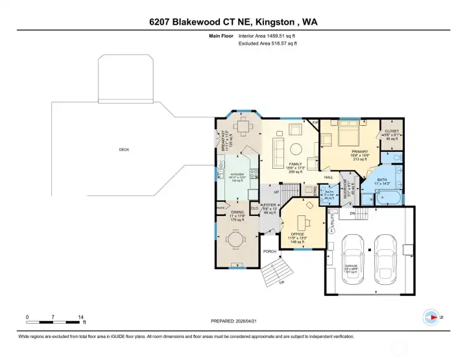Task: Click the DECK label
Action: [x=123, y=150]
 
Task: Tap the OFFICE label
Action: [x=298, y=234]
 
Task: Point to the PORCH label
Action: [x=269, y=251]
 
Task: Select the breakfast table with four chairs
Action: [x=243, y=128]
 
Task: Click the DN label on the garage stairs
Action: [x=353, y=213]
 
